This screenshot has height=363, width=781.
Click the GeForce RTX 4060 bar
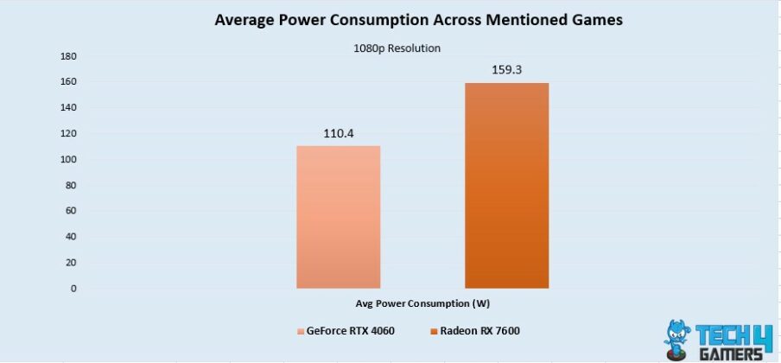click(x=338, y=217)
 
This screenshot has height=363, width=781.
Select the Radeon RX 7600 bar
click(x=506, y=185)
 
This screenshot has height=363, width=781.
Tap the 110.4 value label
click(x=338, y=134)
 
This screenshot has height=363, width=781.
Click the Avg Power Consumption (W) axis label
click(x=422, y=303)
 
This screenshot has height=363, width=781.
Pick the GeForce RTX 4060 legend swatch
click(x=301, y=331)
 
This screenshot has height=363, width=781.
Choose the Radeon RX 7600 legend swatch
click(x=432, y=331)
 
